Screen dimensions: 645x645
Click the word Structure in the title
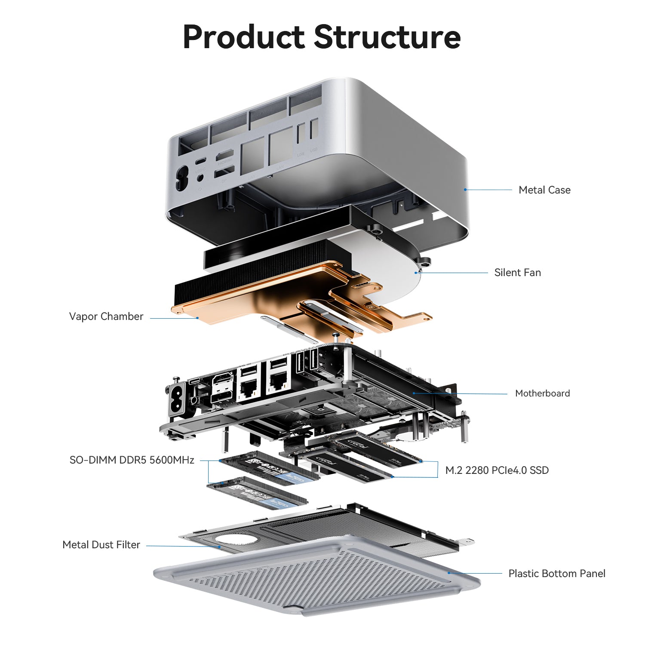coord(387,37)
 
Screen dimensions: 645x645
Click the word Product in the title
coord(243,37)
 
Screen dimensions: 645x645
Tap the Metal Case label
coord(544,190)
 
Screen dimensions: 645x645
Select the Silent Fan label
coord(517,273)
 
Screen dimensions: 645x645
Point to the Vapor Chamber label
coord(106,316)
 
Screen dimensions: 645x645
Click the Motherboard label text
coord(542,393)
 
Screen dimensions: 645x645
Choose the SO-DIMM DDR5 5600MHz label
coord(132,460)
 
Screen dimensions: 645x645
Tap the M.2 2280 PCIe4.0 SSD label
coord(497,470)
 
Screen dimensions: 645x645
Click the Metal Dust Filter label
coord(101,545)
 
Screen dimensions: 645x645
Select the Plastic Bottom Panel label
coord(556,574)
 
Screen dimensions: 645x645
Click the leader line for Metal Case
coord(488,190)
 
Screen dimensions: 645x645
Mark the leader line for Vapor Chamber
coord(174,318)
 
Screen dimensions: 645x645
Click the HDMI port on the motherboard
coord(222,381)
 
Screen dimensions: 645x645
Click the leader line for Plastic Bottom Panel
coord(475,573)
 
